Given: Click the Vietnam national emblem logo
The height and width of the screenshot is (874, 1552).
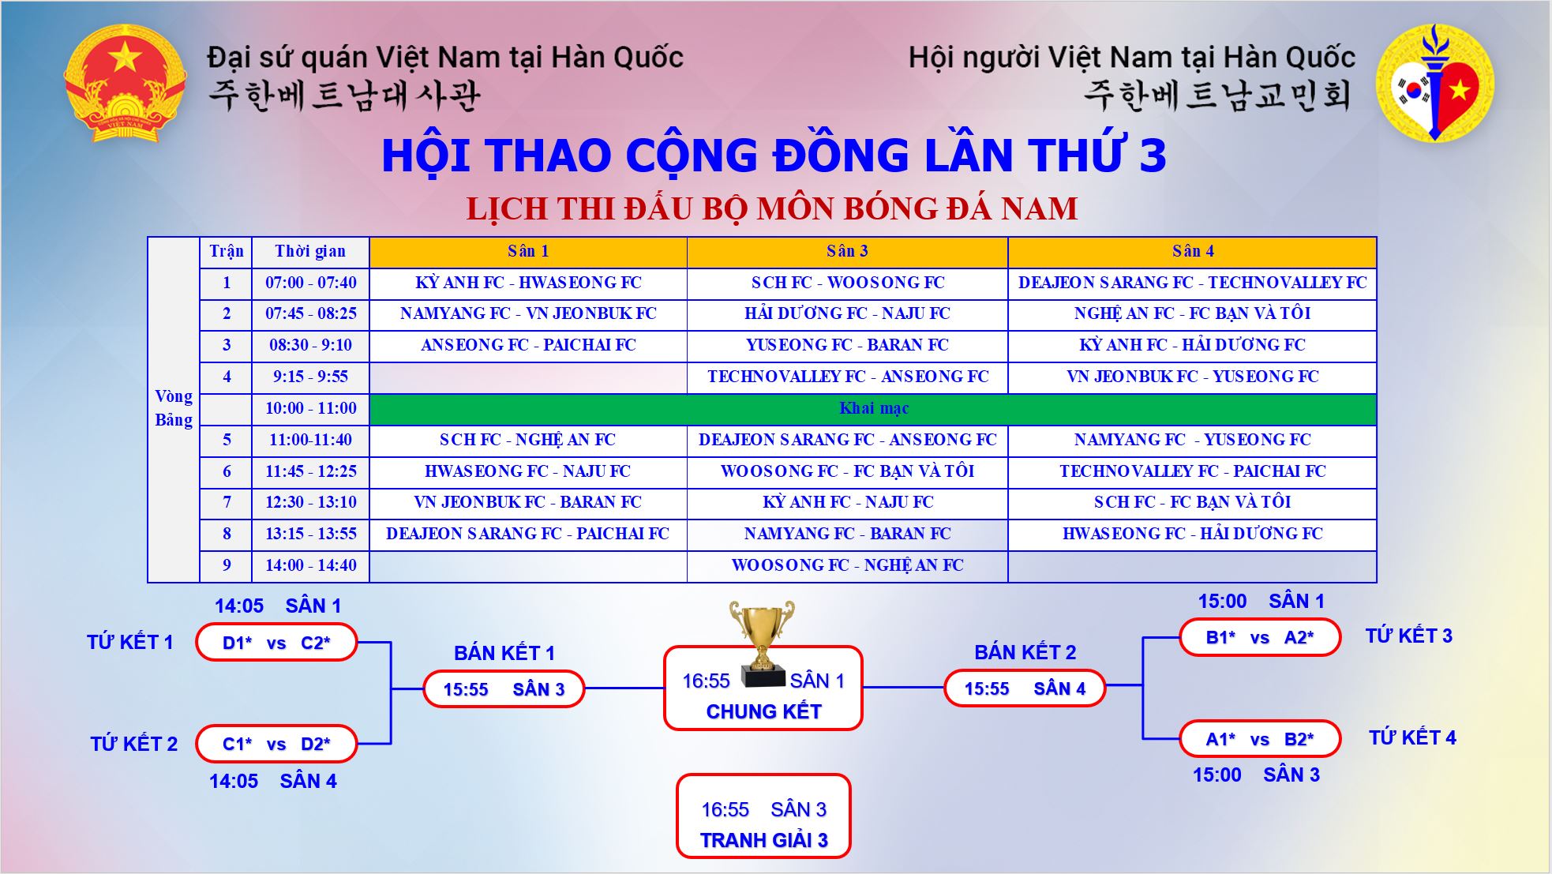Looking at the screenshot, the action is point(125,83).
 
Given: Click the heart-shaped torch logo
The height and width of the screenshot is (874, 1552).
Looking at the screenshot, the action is point(1435,83).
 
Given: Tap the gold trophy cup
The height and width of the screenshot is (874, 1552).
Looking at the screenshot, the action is point(762,643).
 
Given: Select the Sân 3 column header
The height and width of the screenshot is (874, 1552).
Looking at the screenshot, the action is point(847,252).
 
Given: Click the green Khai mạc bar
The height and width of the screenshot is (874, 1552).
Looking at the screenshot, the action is point(873,409).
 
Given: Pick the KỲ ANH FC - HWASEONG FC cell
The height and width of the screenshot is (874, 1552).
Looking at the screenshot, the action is point(528,283).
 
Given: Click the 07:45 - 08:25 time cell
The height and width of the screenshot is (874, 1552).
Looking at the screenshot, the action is point(310,313).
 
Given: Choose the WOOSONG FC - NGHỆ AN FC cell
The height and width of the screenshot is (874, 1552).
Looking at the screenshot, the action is point(847,565).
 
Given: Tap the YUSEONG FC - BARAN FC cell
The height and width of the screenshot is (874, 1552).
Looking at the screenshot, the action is point(847,345).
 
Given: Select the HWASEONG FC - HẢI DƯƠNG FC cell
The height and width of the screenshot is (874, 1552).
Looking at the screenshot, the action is point(1192,534).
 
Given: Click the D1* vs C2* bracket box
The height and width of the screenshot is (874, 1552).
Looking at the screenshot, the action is point(276,643).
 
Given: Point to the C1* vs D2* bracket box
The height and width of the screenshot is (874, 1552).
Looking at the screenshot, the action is point(276,744).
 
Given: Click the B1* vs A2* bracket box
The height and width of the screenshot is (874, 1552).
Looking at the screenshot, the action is point(1260,638).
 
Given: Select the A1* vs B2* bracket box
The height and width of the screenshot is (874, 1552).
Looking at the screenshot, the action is point(1260,739).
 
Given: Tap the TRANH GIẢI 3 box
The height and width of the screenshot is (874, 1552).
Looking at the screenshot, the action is point(763,816).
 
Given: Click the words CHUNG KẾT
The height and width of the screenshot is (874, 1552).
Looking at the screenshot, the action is point(763,711).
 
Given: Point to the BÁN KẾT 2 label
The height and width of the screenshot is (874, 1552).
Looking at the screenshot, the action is point(1025,652).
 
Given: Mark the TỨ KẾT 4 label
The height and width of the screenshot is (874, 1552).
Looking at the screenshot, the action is point(1412,737).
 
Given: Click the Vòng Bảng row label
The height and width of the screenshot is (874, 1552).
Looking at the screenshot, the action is point(174,408).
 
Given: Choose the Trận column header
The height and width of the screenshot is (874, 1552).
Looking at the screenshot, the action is point(226,252).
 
